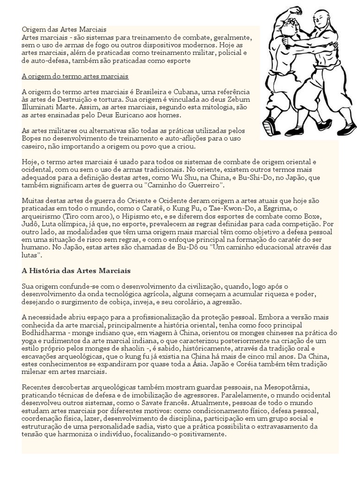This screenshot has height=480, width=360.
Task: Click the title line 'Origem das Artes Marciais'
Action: click(x=64, y=30)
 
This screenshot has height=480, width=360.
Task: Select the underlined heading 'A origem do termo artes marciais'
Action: click(x=75, y=76)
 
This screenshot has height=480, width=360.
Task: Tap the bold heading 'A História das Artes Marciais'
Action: click(x=76, y=271)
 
